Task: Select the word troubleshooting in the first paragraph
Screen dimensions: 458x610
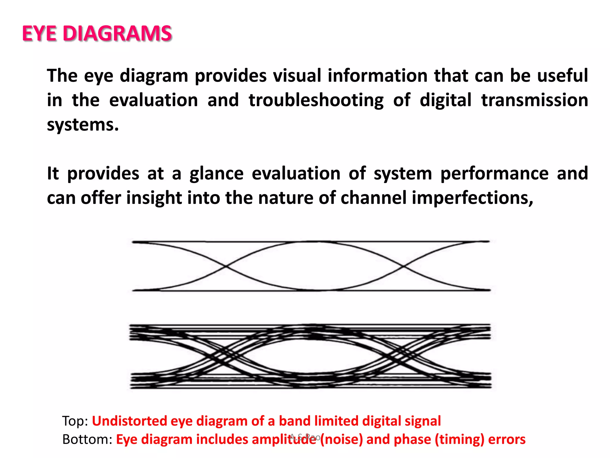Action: (x=316, y=100)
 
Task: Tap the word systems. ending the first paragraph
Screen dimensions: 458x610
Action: (x=83, y=125)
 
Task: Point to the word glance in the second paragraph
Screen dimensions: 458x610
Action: (x=217, y=174)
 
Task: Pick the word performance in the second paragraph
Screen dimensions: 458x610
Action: (x=494, y=174)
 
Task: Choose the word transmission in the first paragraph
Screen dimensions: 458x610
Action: (x=535, y=100)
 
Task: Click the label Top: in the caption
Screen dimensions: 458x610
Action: (x=75, y=421)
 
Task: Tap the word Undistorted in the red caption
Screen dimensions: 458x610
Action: (x=129, y=421)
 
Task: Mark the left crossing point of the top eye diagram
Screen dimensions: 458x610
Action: (x=225, y=266)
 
